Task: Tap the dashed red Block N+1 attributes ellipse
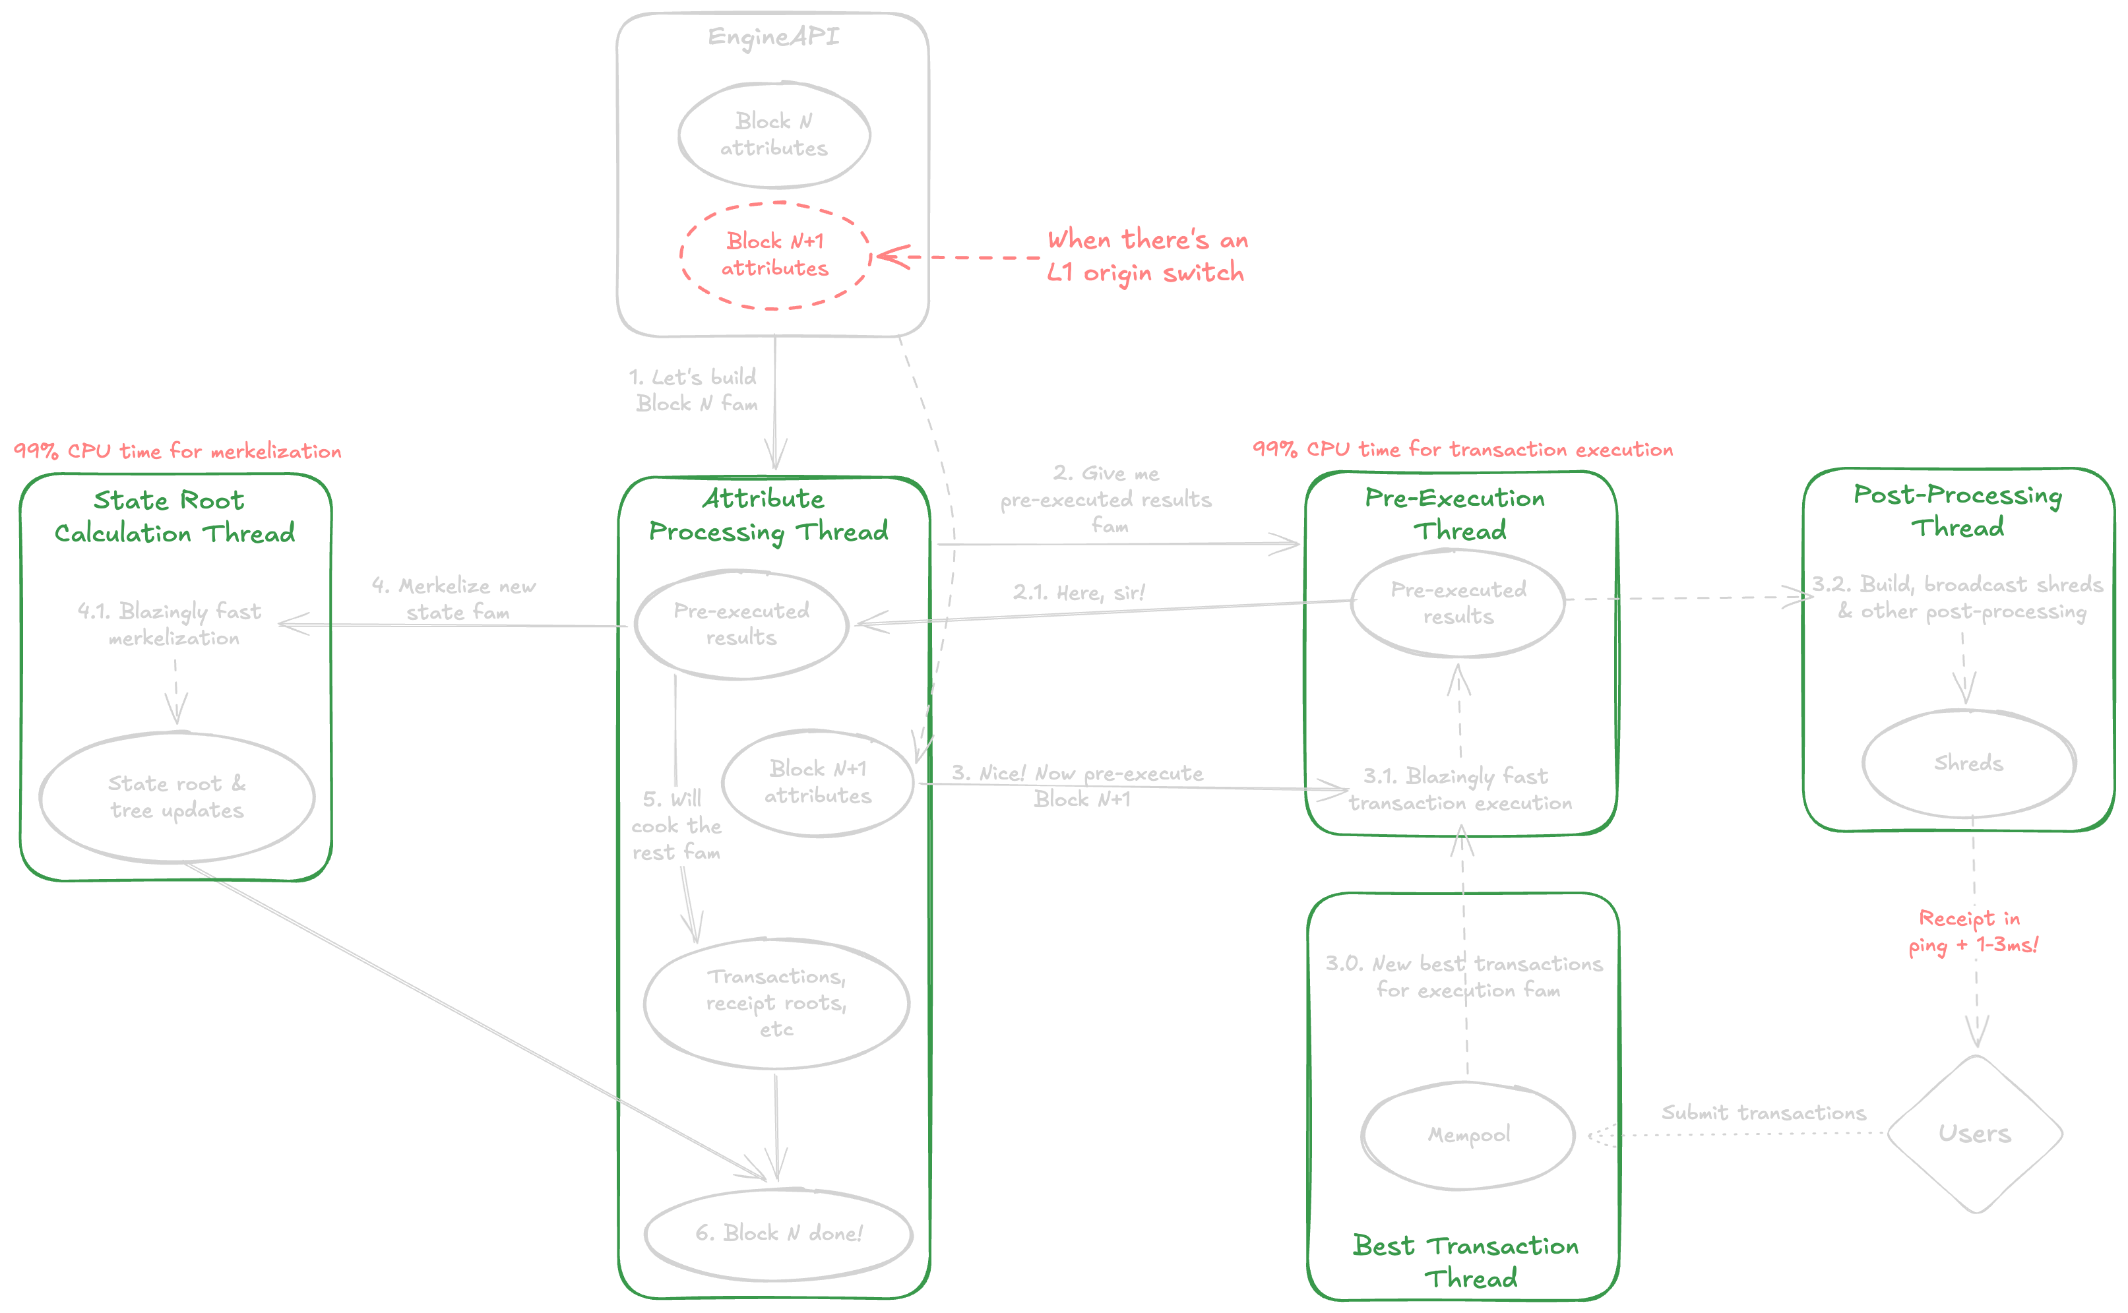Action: [x=774, y=255]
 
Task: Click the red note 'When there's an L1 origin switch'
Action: [x=1146, y=256]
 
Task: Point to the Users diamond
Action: [x=1975, y=1133]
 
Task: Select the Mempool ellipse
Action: [x=1468, y=1135]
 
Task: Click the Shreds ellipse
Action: [x=1969, y=763]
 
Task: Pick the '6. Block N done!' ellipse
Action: [x=778, y=1233]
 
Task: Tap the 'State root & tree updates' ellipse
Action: [x=177, y=797]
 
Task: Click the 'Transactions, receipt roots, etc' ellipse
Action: [x=776, y=1003]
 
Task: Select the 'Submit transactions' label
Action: [x=1763, y=1113]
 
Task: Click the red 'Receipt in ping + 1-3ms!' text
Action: [x=1972, y=932]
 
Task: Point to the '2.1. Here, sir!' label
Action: [x=1079, y=593]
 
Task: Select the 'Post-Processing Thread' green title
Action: [x=1958, y=510]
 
